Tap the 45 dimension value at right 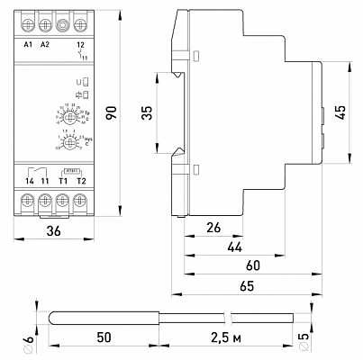coord(341,113)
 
